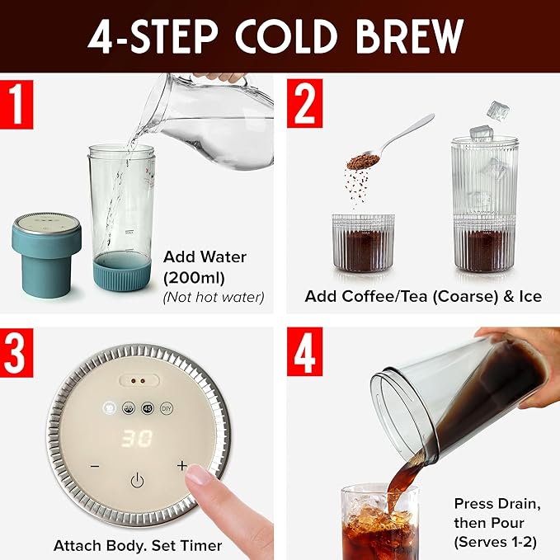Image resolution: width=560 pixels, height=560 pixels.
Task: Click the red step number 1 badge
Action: tap(16, 105)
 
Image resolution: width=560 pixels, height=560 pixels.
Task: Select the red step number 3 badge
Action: tap(16, 354)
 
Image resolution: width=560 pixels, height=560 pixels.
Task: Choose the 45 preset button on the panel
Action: tap(148, 407)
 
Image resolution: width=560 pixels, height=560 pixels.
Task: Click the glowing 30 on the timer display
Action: tap(137, 439)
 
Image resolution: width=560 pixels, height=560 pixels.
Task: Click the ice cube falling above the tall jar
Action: tap(497, 109)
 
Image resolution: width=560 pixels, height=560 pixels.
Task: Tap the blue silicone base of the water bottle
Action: tap(128, 271)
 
